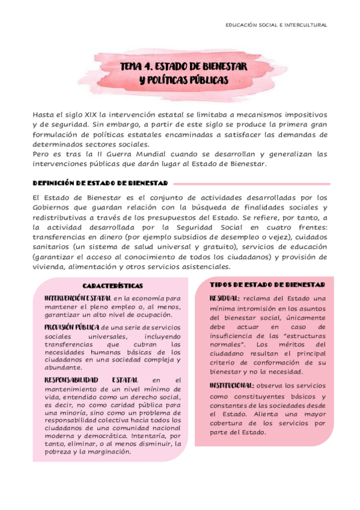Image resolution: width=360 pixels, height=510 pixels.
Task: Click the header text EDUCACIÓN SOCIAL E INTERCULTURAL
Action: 276,25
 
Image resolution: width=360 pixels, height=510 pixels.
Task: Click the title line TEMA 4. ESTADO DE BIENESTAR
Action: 180,66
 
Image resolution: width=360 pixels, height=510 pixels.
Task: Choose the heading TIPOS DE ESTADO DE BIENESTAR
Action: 267,284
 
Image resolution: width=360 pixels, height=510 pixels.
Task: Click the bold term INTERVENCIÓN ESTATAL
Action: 78,298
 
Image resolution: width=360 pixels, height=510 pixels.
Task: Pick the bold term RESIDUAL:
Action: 225,298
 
